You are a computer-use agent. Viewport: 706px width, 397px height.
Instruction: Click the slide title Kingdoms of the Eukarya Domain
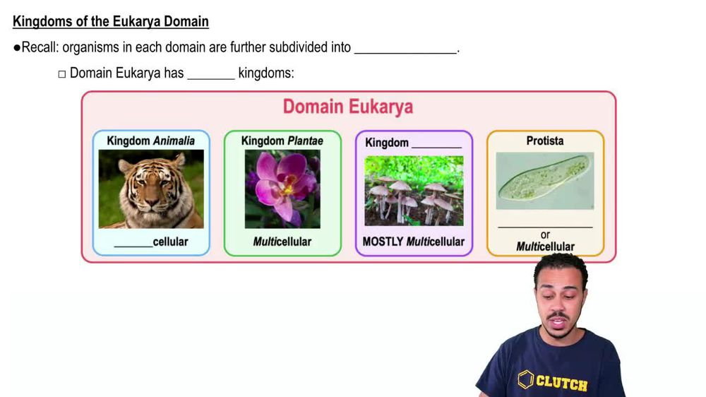[x=111, y=21]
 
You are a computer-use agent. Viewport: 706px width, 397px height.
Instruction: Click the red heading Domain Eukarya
[x=347, y=107]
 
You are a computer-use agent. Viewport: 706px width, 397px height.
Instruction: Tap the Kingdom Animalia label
[x=150, y=141]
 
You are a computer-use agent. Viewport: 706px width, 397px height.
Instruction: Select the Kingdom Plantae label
[x=282, y=141]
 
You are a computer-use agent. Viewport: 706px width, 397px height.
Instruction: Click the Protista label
[x=544, y=141]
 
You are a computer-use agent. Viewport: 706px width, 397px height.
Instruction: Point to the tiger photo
[x=151, y=189]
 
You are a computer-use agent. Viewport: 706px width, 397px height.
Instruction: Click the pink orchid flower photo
[x=282, y=189]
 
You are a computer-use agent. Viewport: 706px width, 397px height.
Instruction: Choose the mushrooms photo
[x=414, y=190]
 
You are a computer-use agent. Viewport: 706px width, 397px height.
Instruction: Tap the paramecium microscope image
[x=544, y=181]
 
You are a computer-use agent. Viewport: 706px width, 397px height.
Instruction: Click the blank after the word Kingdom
[x=436, y=143]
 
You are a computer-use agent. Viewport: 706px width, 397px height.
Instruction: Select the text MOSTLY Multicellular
[x=414, y=242]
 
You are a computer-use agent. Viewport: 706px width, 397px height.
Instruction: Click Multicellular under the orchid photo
[x=282, y=242]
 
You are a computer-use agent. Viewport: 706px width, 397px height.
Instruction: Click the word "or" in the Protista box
[x=544, y=235]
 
